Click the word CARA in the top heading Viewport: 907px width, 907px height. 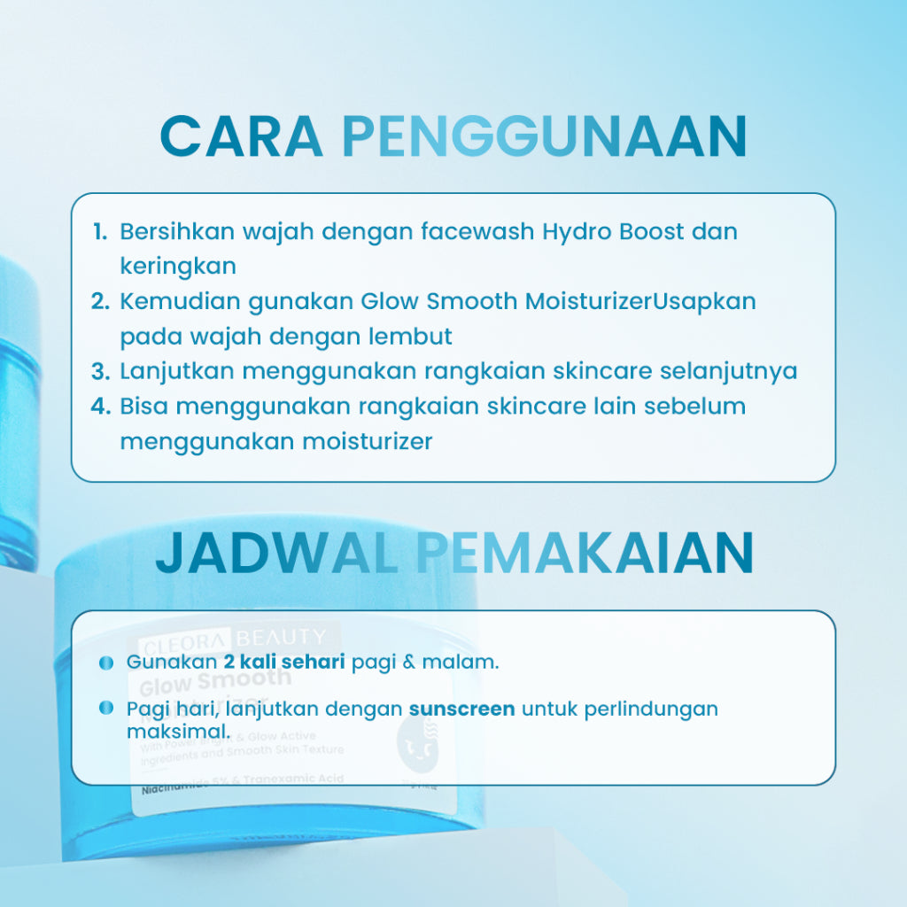[x=241, y=138]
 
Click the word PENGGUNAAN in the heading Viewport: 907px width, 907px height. [x=544, y=138]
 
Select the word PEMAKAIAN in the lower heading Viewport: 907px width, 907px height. [x=585, y=554]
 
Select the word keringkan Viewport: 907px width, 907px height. [x=178, y=267]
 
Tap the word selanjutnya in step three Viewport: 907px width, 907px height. [x=728, y=371]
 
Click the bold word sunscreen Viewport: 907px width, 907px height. [x=461, y=709]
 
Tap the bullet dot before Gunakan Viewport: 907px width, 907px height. [x=106, y=663]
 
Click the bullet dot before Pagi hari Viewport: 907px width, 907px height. [x=106, y=709]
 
